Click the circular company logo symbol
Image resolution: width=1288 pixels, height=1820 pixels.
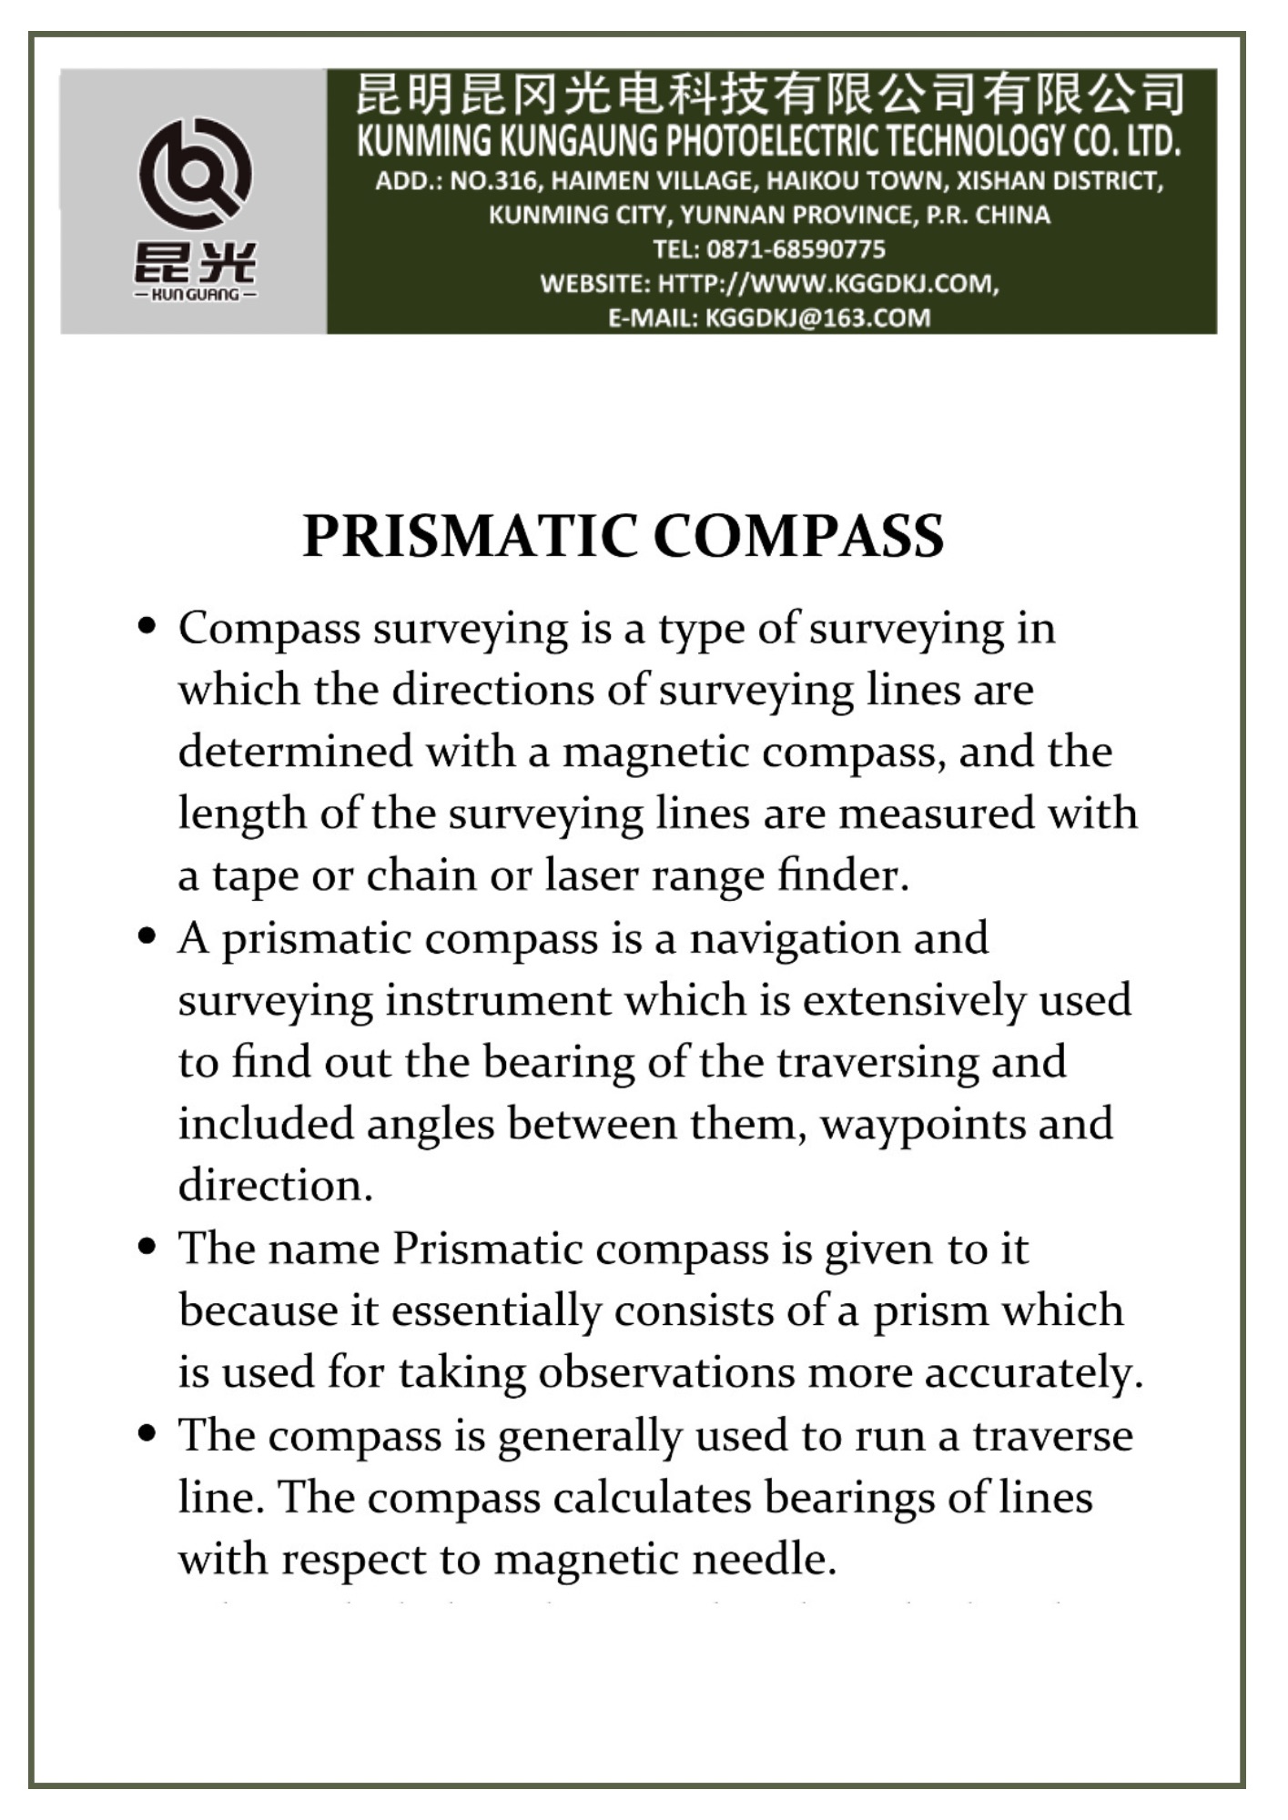195,173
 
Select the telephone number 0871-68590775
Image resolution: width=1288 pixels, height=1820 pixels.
796,249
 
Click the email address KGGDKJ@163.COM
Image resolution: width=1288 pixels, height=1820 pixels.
817,318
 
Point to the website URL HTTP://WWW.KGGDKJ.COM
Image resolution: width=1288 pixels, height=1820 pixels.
827,284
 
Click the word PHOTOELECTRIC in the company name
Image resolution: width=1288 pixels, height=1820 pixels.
773,141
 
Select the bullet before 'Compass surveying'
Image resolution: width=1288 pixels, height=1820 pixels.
147,626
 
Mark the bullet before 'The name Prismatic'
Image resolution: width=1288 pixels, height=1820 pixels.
147,1246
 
